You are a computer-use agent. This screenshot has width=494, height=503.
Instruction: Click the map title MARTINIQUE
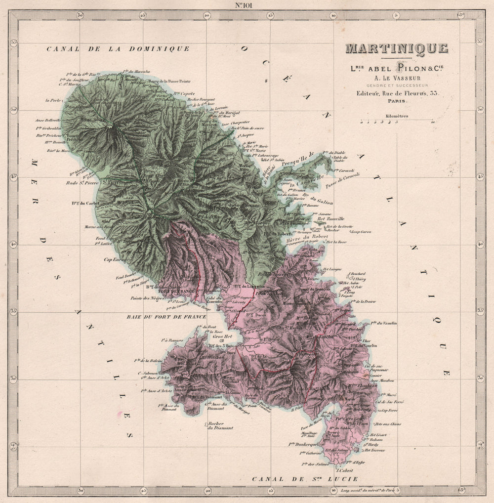click(397, 48)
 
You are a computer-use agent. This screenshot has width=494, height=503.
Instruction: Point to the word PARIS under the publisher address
click(397, 101)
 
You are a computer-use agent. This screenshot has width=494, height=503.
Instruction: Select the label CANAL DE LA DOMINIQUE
click(118, 48)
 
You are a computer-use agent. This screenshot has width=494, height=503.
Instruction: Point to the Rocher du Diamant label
click(216, 426)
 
